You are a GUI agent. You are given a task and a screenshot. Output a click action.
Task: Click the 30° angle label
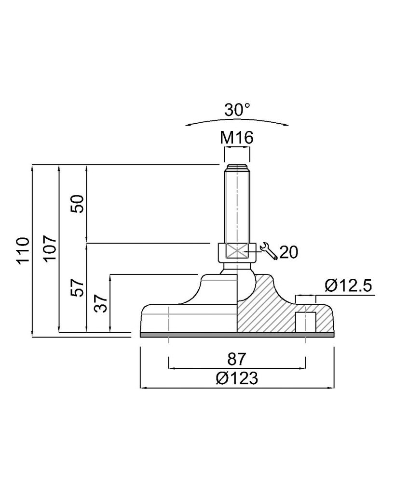pyautogui.click(x=237, y=110)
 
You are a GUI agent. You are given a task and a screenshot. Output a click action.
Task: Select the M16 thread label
pyautogui.click(x=236, y=138)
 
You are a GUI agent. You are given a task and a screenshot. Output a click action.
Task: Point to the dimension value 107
pyautogui.click(x=50, y=247)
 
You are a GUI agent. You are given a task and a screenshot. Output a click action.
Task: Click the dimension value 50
pyautogui.click(x=78, y=204)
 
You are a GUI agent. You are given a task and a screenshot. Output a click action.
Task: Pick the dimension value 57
pyautogui.click(x=78, y=287)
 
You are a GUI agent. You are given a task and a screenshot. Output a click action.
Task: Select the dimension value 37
pyautogui.click(x=101, y=303)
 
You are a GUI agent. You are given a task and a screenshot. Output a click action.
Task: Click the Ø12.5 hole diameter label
pyautogui.click(x=348, y=286)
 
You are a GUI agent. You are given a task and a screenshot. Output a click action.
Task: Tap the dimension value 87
pyautogui.click(x=236, y=359)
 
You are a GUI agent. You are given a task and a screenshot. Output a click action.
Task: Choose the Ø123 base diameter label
pyautogui.click(x=237, y=378)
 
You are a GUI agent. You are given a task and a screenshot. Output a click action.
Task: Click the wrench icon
pyautogui.click(x=268, y=251)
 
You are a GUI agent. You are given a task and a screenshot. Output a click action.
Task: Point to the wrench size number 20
pyautogui.click(x=288, y=252)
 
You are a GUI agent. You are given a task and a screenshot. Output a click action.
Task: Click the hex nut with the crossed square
pyautogui.click(x=237, y=252)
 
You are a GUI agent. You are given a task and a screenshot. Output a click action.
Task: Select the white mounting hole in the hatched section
pyautogui.click(x=306, y=322)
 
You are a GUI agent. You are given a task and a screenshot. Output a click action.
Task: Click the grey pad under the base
pyautogui.click(x=237, y=335)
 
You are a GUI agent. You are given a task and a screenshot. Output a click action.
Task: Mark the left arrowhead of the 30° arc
pyautogui.click(x=189, y=125)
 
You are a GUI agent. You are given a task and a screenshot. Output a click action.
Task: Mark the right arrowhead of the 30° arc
pyautogui.click(x=285, y=125)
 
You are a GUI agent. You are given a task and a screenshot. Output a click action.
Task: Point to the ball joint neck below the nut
pyautogui.click(x=237, y=267)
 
